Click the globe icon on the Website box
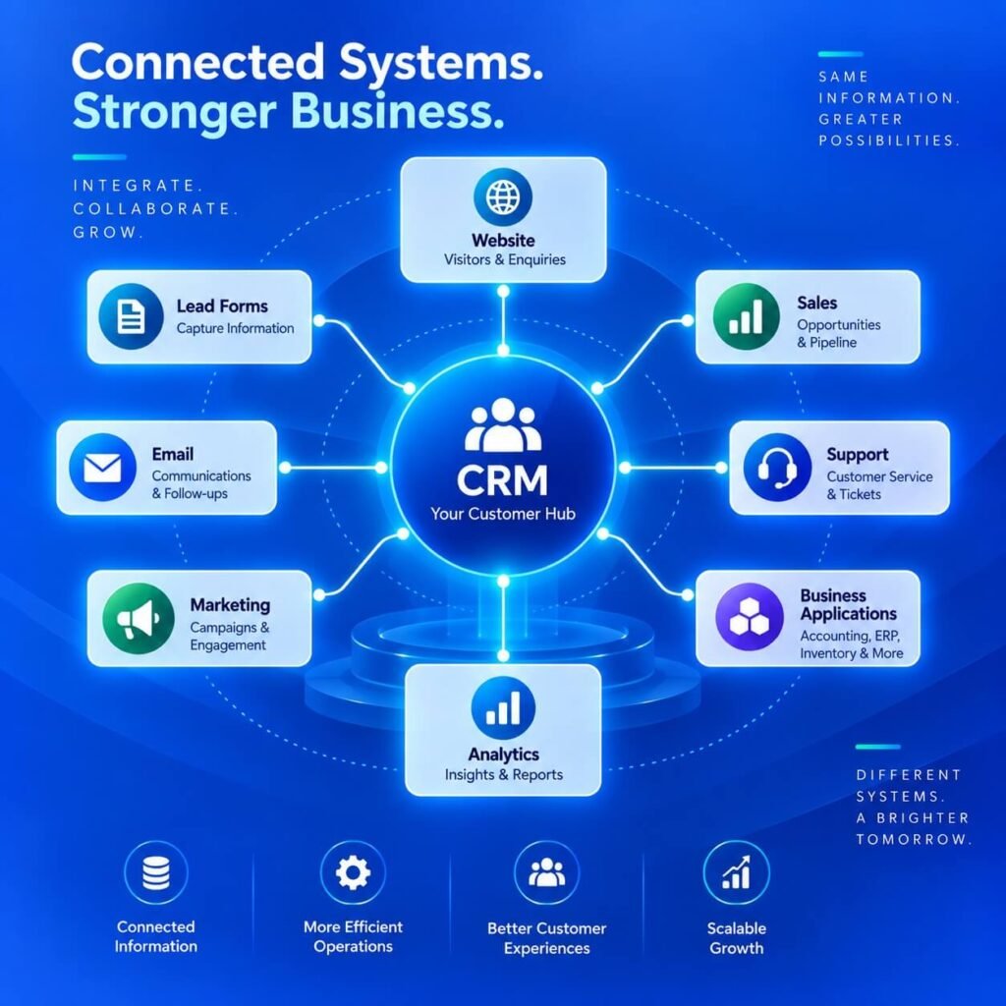coord(503,196)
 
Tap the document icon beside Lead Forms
coord(131,316)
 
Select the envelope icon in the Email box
coord(102,467)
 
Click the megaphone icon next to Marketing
coord(138,619)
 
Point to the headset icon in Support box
coord(777,467)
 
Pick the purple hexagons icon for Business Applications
coord(750,617)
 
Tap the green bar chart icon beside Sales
coord(747,316)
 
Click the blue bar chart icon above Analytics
coord(503,707)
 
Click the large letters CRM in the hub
coord(502,480)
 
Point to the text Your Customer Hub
coord(503,514)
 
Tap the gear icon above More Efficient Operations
coord(353,872)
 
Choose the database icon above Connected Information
coord(156,872)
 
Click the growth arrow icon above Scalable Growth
coord(736,872)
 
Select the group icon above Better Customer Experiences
coord(546,872)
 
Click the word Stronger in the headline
coord(175,113)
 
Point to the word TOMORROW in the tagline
coord(915,839)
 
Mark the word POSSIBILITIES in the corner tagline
coord(888,140)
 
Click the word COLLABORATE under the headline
coord(155,209)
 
